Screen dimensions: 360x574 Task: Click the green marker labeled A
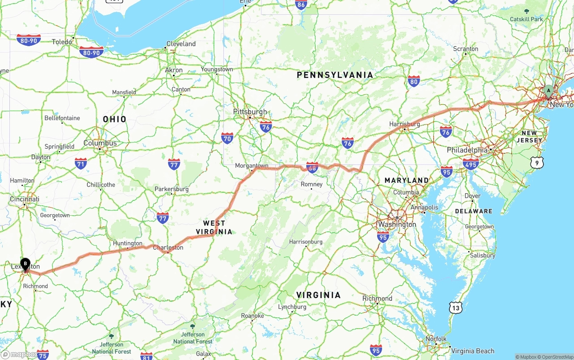548,91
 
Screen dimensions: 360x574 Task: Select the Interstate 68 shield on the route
313,167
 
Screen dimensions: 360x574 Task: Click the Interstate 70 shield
227,138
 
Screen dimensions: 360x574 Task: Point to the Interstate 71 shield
81,163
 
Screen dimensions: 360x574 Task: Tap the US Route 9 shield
537,163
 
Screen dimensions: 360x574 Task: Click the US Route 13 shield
456,308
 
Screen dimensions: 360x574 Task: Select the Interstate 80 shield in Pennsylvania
414,81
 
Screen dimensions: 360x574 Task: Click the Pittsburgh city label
250,112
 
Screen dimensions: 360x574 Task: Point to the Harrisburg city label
404,124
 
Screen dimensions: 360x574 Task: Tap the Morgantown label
252,166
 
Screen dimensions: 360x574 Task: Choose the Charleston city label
168,247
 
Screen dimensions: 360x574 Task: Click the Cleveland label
181,44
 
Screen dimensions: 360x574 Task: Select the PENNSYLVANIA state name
335,75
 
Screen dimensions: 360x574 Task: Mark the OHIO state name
115,119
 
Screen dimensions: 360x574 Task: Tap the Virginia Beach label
473,351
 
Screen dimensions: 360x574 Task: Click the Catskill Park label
526,19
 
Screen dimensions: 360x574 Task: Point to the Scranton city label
465,49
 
